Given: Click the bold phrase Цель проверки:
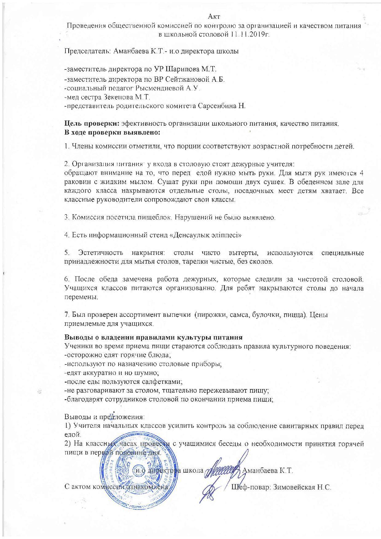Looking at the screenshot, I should point(92,124).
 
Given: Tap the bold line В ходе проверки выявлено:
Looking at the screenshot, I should point(112,133).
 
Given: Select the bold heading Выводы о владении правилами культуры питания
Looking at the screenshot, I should point(154,337).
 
